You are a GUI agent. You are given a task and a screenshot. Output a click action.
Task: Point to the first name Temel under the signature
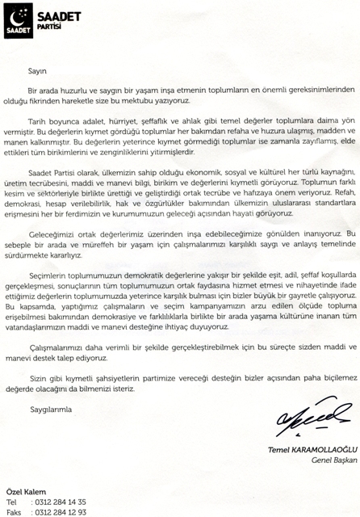[269, 449]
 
